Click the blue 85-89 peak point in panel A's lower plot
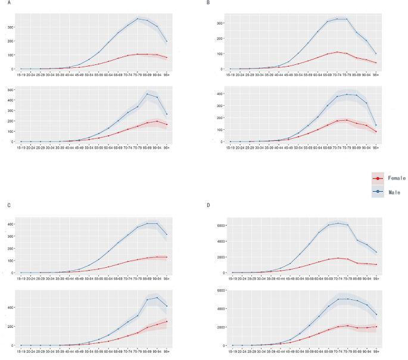pos(147,94)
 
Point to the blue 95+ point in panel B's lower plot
pos(376,125)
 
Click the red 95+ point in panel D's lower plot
pos(376,327)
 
